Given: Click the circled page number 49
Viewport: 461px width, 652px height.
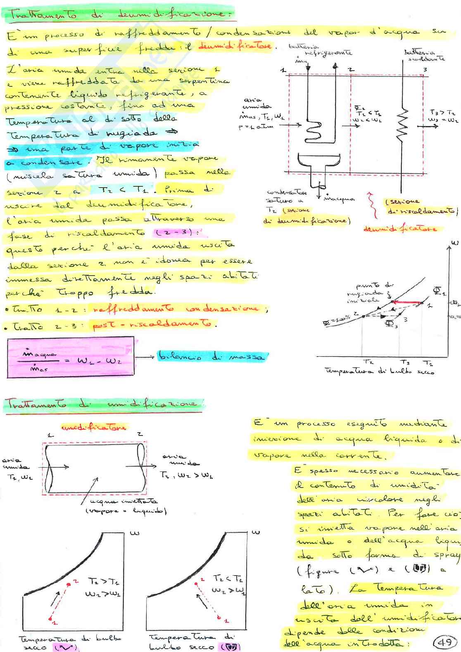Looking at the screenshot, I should tap(444, 642).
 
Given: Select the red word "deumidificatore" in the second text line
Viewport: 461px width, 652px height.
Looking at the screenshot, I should tap(235, 46).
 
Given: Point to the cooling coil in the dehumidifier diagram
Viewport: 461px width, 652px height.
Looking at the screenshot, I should tap(313, 128).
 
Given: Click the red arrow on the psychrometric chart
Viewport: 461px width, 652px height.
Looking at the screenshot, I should tap(406, 302).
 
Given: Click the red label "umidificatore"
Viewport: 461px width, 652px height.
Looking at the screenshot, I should tap(93, 427).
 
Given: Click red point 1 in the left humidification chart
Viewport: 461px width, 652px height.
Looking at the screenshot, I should tap(50, 619).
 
